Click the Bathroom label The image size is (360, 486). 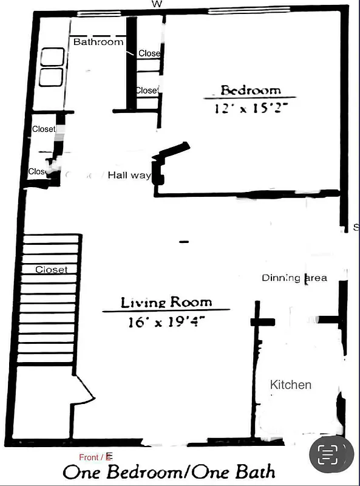point(98,42)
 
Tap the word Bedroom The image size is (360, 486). point(250,91)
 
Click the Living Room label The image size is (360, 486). point(166,302)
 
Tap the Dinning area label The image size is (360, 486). point(294,278)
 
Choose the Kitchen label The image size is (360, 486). point(291,385)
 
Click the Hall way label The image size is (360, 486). point(129,175)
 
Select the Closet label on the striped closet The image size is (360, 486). point(51,269)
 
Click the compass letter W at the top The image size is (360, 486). point(157,4)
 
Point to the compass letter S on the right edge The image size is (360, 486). point(356,228)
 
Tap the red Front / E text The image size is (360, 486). point(96,456)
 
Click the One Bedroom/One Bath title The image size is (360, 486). point(169,472)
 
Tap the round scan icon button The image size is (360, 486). point(331,454)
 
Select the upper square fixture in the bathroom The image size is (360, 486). point(52,57)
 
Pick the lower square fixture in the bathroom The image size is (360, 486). point(52,77)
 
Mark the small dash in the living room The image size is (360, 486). point(184,242)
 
